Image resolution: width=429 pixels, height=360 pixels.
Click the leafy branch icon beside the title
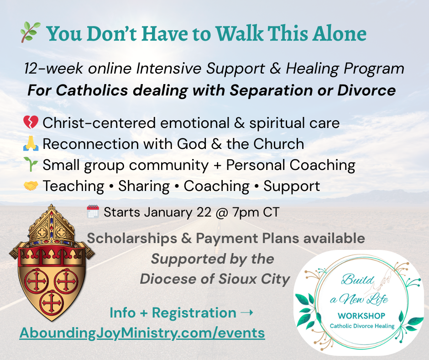[x=31, y=32]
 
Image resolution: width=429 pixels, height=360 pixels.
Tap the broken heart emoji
[x=31, y=122]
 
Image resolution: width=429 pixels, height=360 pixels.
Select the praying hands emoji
[x=31, y=143]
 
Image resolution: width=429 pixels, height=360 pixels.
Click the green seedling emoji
[x=31, y=164]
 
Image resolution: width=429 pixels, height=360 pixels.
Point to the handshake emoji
[x=31, y=186]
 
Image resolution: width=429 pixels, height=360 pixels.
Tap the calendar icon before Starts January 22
[x=93, y=212]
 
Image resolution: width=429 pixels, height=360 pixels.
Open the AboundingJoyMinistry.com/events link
[x=142, y=333]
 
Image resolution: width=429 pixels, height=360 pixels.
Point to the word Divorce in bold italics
[x=366, y=90]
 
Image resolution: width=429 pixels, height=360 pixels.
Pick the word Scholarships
[x=132, y=238]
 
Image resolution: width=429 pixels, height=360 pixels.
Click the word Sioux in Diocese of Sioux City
[x=237, y=279]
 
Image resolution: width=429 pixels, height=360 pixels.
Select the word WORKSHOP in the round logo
[x=361, y=316]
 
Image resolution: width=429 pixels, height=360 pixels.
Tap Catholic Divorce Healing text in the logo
[x=362, y=326]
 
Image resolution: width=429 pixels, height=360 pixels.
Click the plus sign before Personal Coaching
[x=217, y=165]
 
